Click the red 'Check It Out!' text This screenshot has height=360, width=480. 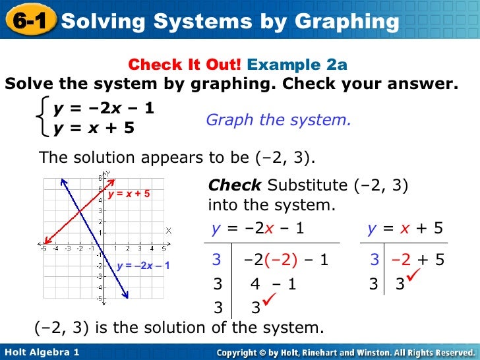click(185, 65)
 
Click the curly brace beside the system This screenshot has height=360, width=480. click(44, 116)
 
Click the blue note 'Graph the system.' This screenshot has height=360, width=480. click(278, 120)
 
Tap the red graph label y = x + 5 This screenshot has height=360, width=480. click(129, 194)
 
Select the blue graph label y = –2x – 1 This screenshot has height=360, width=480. click(143, 266)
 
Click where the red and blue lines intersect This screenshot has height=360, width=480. click(78, 210)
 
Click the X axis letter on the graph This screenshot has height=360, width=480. click(168, 230)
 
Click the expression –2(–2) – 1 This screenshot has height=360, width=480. click(285, 260)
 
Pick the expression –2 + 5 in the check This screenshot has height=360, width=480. click(418, 260)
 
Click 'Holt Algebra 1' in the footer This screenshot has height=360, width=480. click(41, 353)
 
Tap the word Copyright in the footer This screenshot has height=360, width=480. click(245, 353)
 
